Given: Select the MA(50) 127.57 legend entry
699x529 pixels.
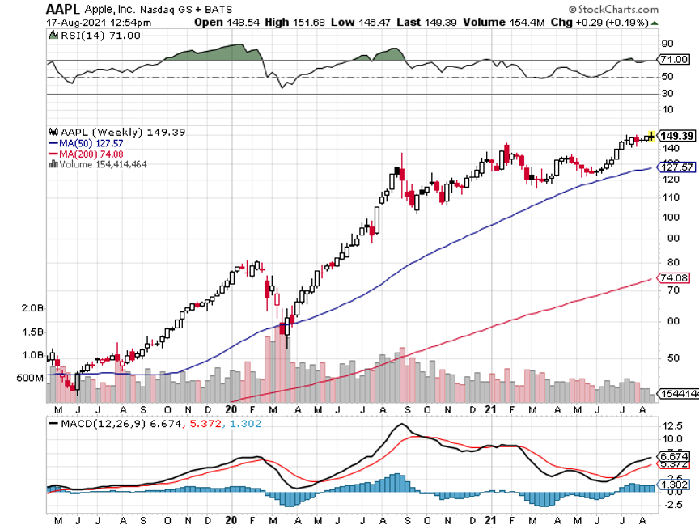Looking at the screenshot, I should [90, 143].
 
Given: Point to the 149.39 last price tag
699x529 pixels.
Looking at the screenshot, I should [677, 136].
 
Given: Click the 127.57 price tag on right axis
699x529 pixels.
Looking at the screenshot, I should [678, 167].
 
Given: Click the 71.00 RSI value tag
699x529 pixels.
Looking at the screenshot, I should [674, 60].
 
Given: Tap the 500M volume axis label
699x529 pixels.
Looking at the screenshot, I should [29, 378].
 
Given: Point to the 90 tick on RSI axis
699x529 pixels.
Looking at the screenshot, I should [668, 43].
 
